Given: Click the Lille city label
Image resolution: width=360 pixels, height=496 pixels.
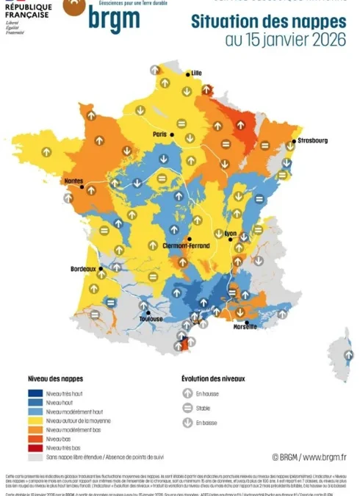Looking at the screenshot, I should [196, 73].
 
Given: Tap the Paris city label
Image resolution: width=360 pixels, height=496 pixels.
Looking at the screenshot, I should [159, 134].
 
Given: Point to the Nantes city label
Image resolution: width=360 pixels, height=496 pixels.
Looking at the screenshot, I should [73, 181].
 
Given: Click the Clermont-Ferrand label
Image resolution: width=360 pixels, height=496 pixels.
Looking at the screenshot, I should [182, 246].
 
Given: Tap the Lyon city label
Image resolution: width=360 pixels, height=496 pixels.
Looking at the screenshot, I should [231, 234].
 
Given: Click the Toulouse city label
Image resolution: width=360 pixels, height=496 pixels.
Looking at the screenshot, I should [151, 319].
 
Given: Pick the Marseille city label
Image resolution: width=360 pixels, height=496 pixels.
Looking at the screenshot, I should [245, 327].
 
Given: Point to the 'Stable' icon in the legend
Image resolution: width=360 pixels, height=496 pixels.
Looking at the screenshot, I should [187, 409].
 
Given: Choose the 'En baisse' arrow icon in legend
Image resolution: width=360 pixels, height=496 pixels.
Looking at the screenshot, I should [187, 423].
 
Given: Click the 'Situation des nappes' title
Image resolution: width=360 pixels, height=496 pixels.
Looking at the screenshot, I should [269, 22].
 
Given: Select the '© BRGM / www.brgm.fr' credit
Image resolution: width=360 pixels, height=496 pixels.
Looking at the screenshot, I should [309, 457].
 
